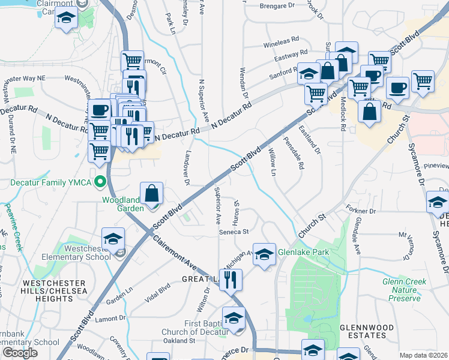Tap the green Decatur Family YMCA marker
101,182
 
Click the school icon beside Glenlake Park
264,254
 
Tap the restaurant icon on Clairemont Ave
231,279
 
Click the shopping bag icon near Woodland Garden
152,193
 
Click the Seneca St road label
234,232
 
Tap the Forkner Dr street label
361,211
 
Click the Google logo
20,353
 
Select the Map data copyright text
423,355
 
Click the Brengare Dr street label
278,6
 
